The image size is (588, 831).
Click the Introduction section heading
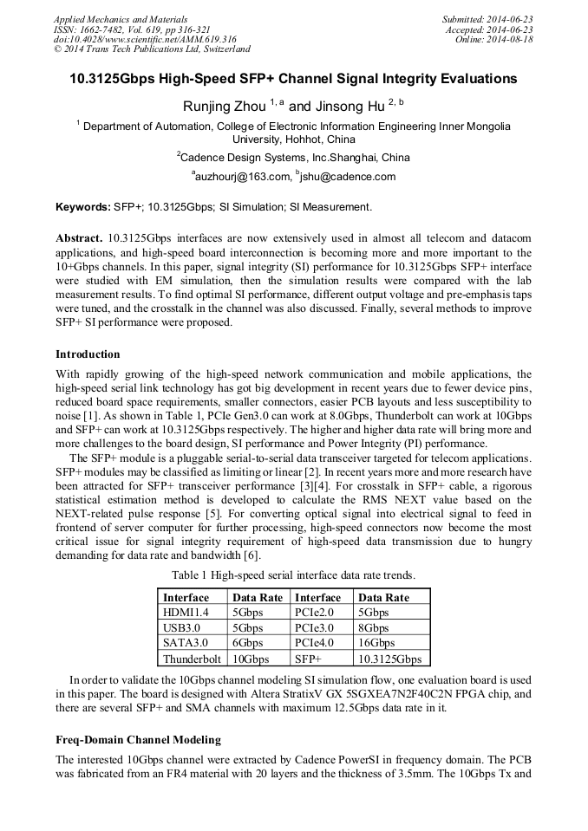coord(88,354)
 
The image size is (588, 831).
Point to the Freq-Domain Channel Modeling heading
coord(138,740)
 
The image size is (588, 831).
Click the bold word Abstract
coord(79,237)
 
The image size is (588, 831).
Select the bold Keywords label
coord(82,207)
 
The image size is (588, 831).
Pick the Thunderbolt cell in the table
coord(191,659)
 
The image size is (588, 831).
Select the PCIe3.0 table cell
coord(314,628)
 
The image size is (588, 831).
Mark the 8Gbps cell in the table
coord(374,628)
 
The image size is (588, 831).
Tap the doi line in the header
coord(145,40)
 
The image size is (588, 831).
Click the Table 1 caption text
coord(293,576)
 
